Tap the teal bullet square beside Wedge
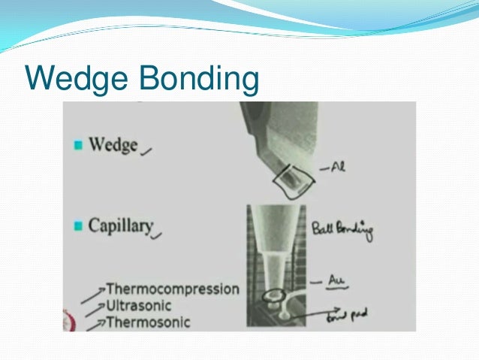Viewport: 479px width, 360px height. point(77,145)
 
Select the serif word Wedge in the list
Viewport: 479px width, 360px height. point(113,144)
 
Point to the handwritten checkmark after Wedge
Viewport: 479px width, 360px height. point(146,150)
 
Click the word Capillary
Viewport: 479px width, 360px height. point(120,225)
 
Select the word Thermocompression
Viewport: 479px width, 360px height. point(173,289)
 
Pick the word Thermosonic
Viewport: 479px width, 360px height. point(149,322)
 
